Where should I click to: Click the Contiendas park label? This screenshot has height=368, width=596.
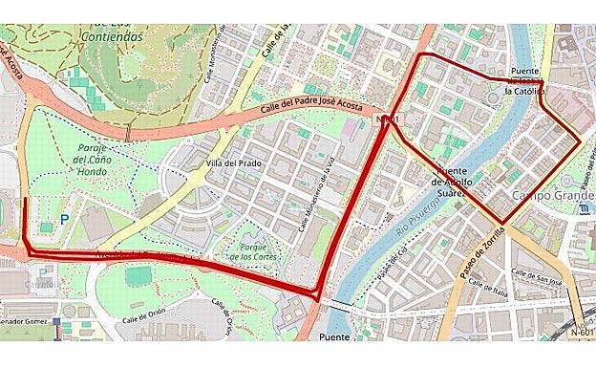tap(113, 36)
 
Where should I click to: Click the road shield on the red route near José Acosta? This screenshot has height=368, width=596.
tap(386, 119)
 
